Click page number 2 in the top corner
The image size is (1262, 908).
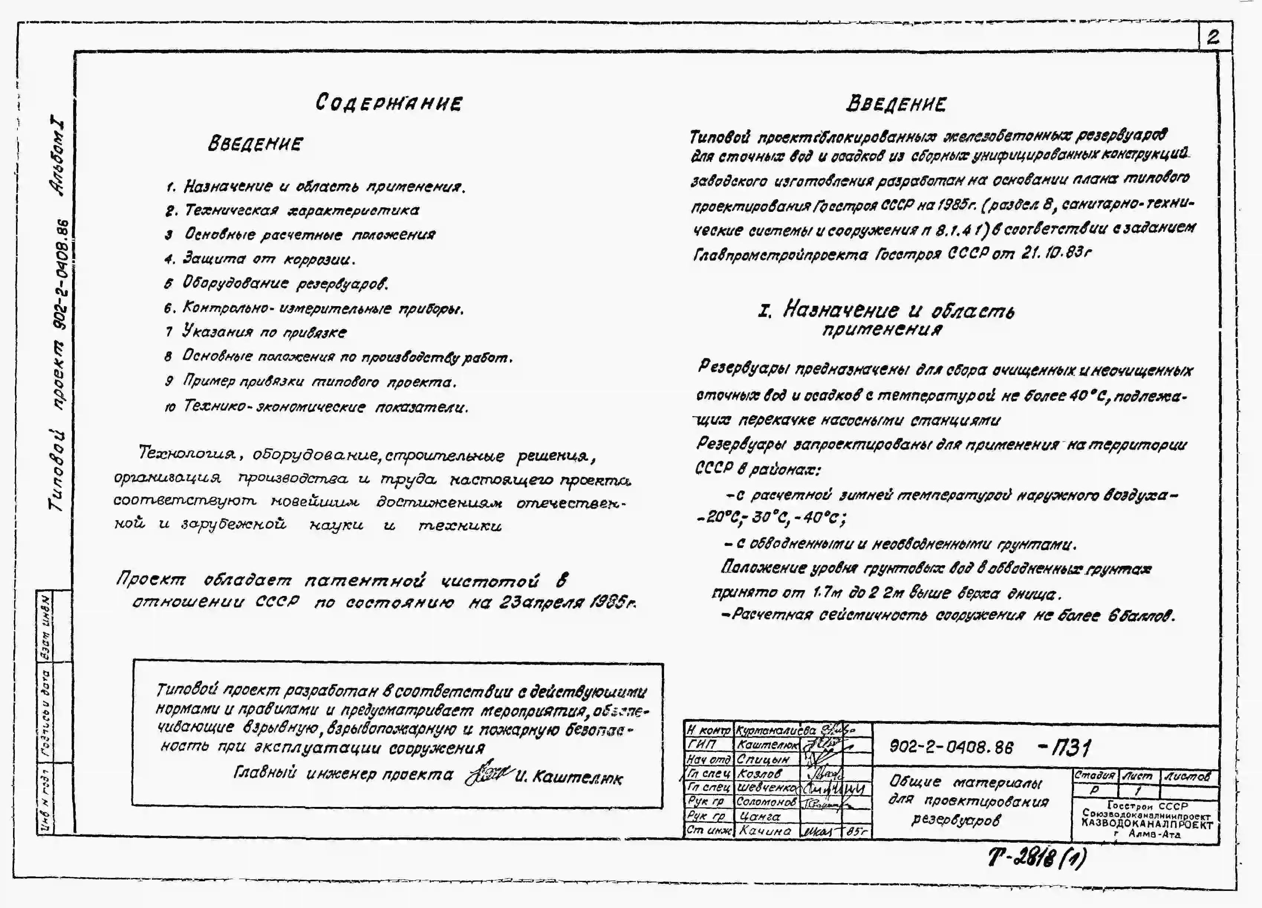point(1213,37)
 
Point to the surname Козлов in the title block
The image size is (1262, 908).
point(759,773)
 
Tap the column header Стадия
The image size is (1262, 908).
point(1094,775)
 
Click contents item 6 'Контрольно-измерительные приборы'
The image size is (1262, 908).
point(323,308)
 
